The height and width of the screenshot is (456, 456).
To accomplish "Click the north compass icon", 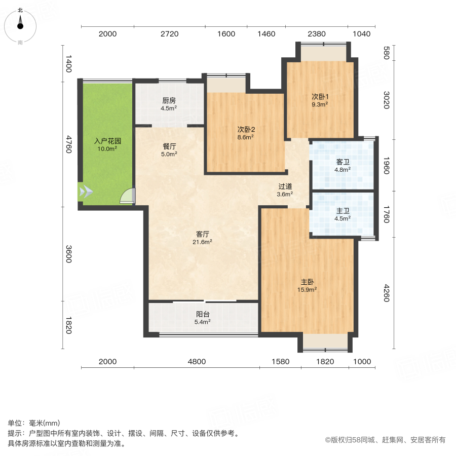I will coord(20,25).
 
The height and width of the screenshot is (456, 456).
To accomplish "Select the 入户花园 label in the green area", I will coord(106,141).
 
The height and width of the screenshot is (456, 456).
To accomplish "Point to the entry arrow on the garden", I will coord(86,191).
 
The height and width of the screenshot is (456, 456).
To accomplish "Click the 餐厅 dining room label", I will coord(169,146).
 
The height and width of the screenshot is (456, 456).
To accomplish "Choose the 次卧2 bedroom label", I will coord(246,129).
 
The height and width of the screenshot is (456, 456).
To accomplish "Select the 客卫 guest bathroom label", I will coord(343,162).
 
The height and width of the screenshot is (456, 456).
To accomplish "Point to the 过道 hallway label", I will coord(285,186).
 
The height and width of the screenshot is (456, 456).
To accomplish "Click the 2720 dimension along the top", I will coord(169,34).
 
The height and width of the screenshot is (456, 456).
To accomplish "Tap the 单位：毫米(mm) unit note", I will coord(33,424).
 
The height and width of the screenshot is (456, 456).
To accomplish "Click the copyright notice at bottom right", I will coord(385,440).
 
